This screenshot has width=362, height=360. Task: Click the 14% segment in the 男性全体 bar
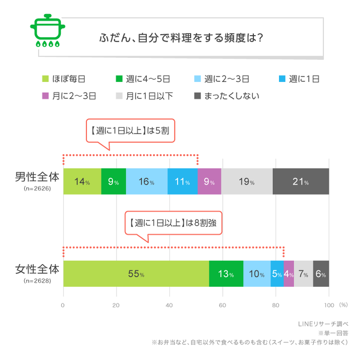(x=82, y=182)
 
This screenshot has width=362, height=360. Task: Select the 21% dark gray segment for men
(x=301, y=182)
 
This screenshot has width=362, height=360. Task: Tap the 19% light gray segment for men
(x=246, y=182)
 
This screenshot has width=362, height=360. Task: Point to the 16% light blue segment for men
(x=146, y=182)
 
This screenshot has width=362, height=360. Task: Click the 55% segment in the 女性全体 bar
(x=136, y=274)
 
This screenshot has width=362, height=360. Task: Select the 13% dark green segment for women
(x=226, y=274)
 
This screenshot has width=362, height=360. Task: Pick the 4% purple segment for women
(x=289, y=274)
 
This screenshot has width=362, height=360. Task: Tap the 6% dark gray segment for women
(x=321, y=274)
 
